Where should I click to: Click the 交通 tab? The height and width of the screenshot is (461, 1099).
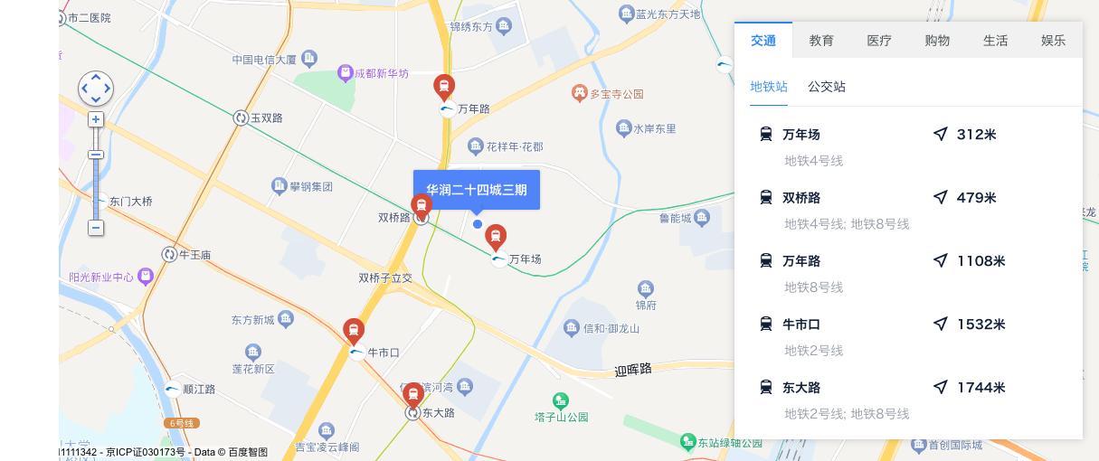(x=763, y=41)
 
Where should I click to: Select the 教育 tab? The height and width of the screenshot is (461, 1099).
(x=821, y=41)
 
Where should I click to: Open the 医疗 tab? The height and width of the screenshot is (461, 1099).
(x=879, y=41)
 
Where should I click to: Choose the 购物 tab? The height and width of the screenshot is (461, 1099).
(x=937, y=41)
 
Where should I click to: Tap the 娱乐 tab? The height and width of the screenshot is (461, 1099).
(x=1053, y=41)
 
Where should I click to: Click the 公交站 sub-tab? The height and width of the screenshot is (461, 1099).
(x=827, y=87)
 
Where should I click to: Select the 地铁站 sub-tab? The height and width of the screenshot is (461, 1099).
(x=769, y=87)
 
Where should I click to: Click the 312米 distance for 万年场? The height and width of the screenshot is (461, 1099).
(x=976, y=135)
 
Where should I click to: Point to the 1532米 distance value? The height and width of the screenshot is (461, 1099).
(x=981, y=325)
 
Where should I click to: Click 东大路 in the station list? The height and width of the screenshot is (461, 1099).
(x=801, y=388)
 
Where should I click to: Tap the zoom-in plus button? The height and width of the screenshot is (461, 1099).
(x=96, y=119)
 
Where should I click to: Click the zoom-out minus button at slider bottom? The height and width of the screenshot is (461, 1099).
(x=96, y=228)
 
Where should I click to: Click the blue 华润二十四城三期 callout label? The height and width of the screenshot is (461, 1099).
(x=477, y=190)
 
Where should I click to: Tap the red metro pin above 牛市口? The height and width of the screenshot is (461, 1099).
(x=354, y=330)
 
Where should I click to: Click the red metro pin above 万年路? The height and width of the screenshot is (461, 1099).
(x=443, y=86)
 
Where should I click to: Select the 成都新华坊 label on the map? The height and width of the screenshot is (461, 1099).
(x=381, y=73)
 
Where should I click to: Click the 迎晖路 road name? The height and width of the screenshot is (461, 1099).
(x=633, y=370)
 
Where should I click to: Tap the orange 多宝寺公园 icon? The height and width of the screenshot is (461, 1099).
(x=580, y=93)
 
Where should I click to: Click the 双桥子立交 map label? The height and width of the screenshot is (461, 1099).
(x=385, y=278)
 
